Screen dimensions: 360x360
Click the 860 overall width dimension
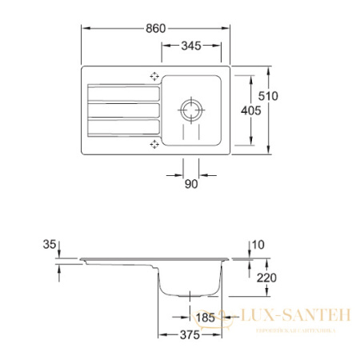point(157,27)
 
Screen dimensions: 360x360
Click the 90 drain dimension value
point(190,185)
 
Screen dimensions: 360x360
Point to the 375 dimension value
point(190,337)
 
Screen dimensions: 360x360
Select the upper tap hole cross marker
point(154,77)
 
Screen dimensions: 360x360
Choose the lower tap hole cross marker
point(154,144)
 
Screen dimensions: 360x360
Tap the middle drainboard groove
point(124,110)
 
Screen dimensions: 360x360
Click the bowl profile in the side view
point(190,284)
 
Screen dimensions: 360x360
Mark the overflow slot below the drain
point(191,132)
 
